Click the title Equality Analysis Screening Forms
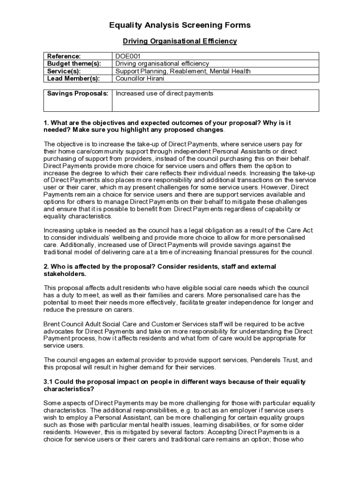pos(180,25)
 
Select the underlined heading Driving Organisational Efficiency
pos(180,41)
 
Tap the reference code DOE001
pos(128,56)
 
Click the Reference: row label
pos(64,56)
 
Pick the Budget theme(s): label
pos(74,64)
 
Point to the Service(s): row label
pos(64,71)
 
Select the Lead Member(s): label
pos(73,79)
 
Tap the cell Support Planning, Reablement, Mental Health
pos(183,71)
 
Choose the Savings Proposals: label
pos(78,94)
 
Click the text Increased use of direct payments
pos(164,94)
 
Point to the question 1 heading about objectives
pos(167,126)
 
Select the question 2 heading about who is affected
pos(159,270)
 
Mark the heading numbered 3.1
pos(174,385)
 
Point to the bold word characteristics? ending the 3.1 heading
pos(69,389)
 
